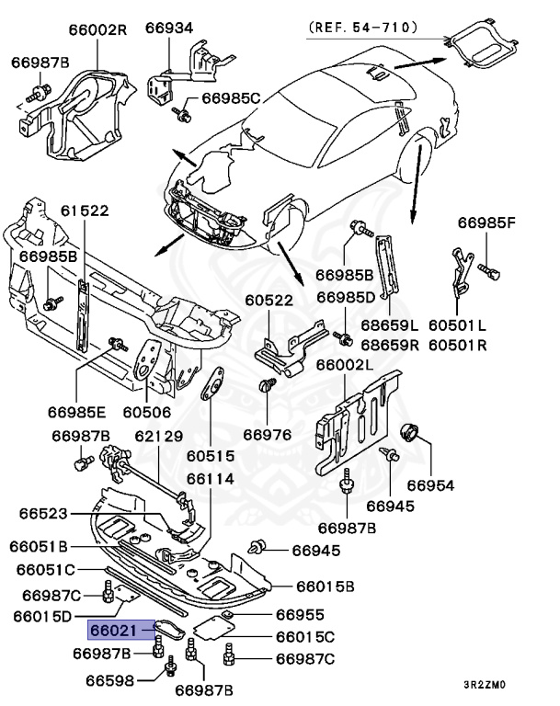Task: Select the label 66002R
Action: click(97, 29)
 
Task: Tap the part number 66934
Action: click(170, 28)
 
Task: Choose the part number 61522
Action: click(86, 211)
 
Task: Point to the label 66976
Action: click(268, 434)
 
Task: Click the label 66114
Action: click(211, 478)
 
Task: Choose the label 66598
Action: click(111, 681)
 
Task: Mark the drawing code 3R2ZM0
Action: click(485, 685)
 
